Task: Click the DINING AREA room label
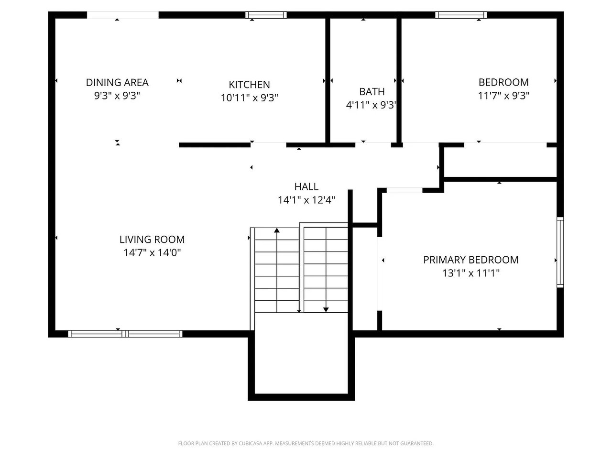(117, 83)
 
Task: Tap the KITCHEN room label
(249, 85)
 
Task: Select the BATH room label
(372, 91)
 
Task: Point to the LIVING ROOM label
(152, 240)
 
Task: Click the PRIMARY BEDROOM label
(470, 260)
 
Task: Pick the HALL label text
(306, 186)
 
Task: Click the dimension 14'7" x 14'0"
(152, 253)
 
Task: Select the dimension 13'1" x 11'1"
(470, 273)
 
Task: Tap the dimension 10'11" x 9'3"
(249, 98)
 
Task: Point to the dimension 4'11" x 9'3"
(371, 105)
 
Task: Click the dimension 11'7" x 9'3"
(503, 96)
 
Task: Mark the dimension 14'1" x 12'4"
(306, 200)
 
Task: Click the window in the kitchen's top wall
(266, 15)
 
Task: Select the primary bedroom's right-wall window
(560, 252)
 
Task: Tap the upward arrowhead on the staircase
(276, 230)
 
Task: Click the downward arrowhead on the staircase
(326, 310)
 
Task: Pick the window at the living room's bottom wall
(125, 334)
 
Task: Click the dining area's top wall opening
(123, 15)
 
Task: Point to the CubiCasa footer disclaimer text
(306, 443)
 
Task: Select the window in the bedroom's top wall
(461, 15)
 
